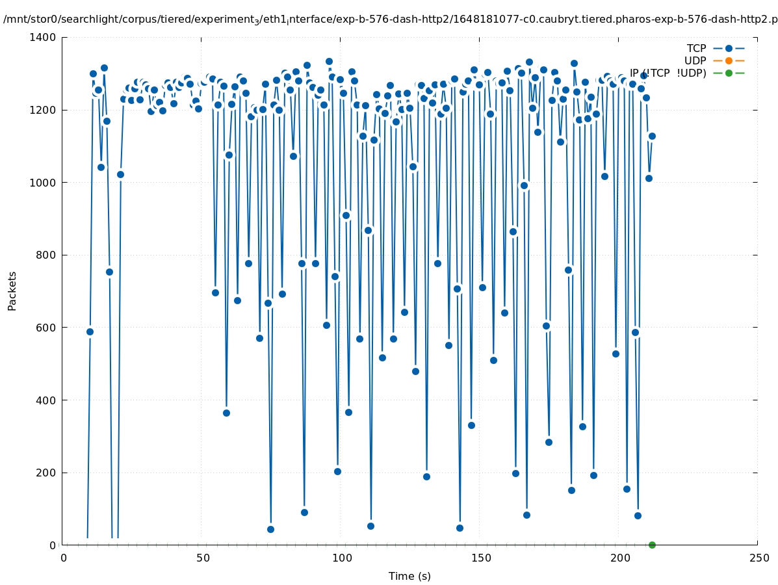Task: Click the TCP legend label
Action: [696, 49]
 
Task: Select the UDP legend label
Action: [695, 61]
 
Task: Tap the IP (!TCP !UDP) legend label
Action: [668, 73]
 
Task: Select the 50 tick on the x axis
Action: [203, 558]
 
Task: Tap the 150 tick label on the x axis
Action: [481, 558]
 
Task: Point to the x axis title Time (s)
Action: [409, 577]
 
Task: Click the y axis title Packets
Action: [12, 291]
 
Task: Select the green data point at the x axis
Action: [652, 545]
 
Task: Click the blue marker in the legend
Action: [729, 49]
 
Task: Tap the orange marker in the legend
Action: [729, 61]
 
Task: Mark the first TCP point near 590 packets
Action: [90, 331]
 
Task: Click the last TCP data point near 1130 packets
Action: [652, 136]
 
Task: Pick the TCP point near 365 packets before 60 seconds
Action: [226, 413]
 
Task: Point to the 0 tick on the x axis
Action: [64, 558]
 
